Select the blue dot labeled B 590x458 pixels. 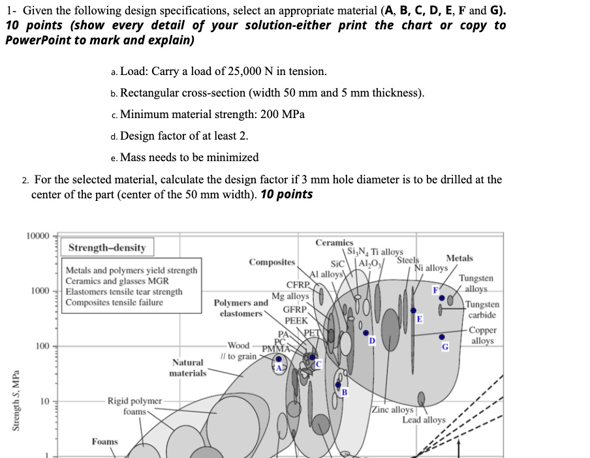tap(337, 386)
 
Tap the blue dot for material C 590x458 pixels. tap(311, 358)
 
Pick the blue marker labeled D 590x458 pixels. tap(365, 333)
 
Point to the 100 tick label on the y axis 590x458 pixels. tap(42, 346)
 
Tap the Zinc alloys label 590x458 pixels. tap(392, 410)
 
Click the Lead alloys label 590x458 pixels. tap(424, 420)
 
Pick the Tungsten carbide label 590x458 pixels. tap(483, 310)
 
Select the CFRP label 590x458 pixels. tap(297, 284)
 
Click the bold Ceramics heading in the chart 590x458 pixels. tap(334, 243)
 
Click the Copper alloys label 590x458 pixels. tap(483, 335)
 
